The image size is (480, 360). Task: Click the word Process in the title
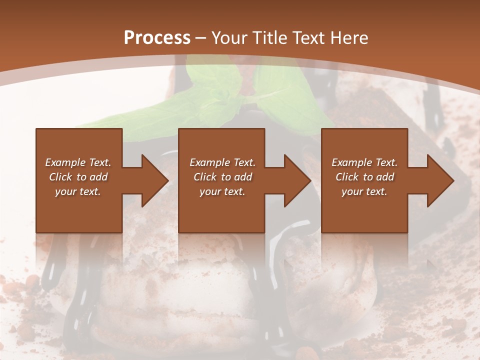pos(157,38)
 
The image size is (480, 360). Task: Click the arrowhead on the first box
pos(152,180)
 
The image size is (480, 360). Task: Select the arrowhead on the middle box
pos(295,180)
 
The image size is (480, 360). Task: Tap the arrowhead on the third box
pos(438,180)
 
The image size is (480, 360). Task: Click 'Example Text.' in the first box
pos(78,162)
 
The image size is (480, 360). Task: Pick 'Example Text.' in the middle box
pos(222,162)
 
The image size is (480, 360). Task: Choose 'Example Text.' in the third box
pos(364,162)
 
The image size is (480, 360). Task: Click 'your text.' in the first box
pos(78,191)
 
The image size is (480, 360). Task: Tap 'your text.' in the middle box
pos(222,191)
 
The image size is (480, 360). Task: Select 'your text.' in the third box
pos(364,191)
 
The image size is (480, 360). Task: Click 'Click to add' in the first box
pos(78,177)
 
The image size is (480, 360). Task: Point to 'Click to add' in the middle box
pos(222,177)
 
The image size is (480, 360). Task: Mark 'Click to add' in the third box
pos(364,177)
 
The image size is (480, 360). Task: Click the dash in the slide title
pos(200,38)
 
